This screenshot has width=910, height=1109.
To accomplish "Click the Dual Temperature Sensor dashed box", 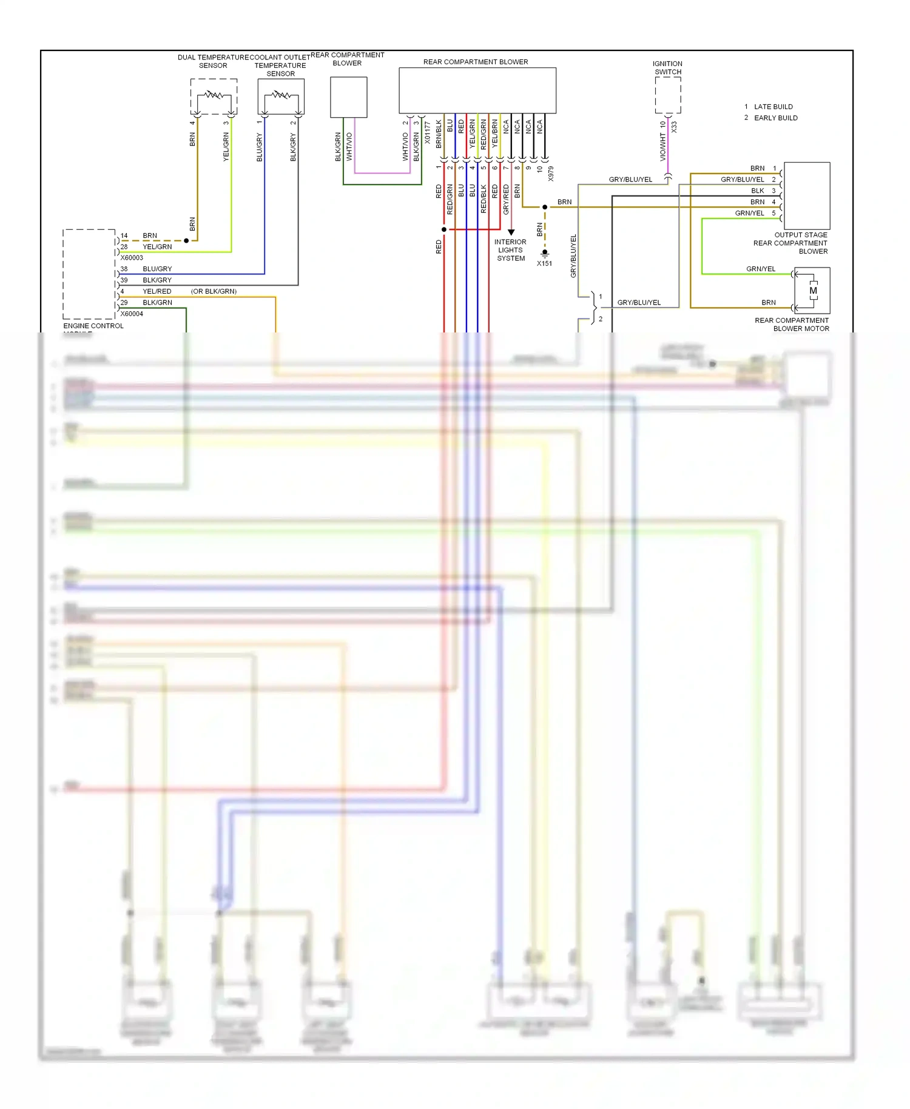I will click(x=214, y=96).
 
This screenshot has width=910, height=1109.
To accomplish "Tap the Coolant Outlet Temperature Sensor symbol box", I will click(x=281, y=96).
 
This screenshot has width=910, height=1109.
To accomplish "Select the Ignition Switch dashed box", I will click(x=668, y=95).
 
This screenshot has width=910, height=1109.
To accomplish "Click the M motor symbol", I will click(x=813, y=291).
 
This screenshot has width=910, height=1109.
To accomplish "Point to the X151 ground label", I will click(x=544, y=263).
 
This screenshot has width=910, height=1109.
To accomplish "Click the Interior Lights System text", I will click(x=511, y=250).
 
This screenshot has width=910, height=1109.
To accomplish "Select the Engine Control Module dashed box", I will click(x=89, y=274).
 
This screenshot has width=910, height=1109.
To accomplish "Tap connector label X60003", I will click(x=132, y=258).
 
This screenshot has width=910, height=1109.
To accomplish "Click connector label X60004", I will click(x=132, y=314).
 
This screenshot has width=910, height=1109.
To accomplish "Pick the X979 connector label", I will click(x=551, y=174).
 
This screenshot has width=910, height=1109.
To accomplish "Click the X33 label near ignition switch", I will click(x=674, y=127).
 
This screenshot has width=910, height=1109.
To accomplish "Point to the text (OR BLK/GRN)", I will click(x=214, y=291).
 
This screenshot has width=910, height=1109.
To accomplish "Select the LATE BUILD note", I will click(x=773, y=107).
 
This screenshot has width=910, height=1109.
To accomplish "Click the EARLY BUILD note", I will click(x=775, y=118).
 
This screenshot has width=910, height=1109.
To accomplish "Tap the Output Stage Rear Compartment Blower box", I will click(x=807, y=195).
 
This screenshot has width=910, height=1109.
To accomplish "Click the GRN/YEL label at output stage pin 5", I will click(x=749, y=213).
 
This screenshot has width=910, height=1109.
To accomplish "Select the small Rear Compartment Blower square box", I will click(x=349, y=97).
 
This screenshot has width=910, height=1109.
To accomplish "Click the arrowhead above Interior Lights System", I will click(x=511, y=232).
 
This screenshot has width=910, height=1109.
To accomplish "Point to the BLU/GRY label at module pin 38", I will click(x=157, y=269).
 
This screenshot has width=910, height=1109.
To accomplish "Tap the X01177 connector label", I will click(x=428, y=132).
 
